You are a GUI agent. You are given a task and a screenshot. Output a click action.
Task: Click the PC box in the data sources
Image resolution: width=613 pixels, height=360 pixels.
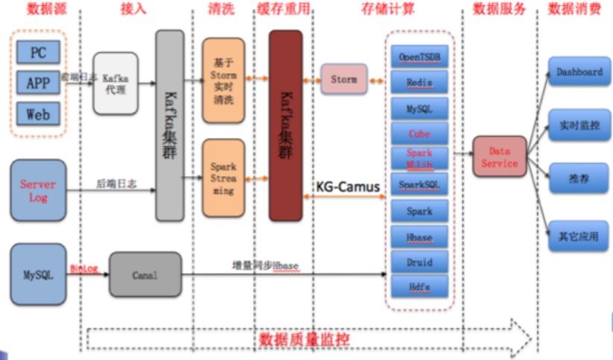click(38, 52)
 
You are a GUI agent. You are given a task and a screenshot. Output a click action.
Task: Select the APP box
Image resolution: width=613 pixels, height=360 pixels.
click(38, 83)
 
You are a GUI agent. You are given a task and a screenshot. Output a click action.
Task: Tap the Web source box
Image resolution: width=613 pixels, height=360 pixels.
click(38, 114)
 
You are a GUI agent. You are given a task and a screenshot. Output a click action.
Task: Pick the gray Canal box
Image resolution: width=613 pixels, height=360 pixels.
click(145, 274)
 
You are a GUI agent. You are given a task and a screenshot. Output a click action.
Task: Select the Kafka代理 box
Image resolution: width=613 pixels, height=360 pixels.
click(115, 83)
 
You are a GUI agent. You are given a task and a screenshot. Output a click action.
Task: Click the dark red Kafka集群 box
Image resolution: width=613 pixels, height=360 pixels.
click(285, 126)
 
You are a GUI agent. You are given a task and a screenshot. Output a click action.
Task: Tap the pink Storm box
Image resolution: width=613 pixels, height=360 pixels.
click(343, 79)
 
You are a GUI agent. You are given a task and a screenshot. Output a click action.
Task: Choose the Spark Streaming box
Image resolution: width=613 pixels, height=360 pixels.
click(223, 179)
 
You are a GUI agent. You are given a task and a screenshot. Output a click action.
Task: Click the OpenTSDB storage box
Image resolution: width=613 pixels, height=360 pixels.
click(419, 57)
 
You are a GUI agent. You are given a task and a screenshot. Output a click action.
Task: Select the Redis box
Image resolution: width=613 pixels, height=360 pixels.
click(419, 83)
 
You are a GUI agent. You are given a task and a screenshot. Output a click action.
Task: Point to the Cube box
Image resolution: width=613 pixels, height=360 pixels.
click(419, 134)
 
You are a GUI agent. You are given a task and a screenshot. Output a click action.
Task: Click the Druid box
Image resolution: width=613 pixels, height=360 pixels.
click(419, 262)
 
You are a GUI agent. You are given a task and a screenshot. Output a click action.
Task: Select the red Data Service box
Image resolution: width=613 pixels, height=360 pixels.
click(499, 156)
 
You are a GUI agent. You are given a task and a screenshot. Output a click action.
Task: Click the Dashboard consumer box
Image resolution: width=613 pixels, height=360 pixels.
click(579, 72)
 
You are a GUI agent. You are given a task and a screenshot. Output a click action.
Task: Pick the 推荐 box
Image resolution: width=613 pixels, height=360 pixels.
click(579, 180)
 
